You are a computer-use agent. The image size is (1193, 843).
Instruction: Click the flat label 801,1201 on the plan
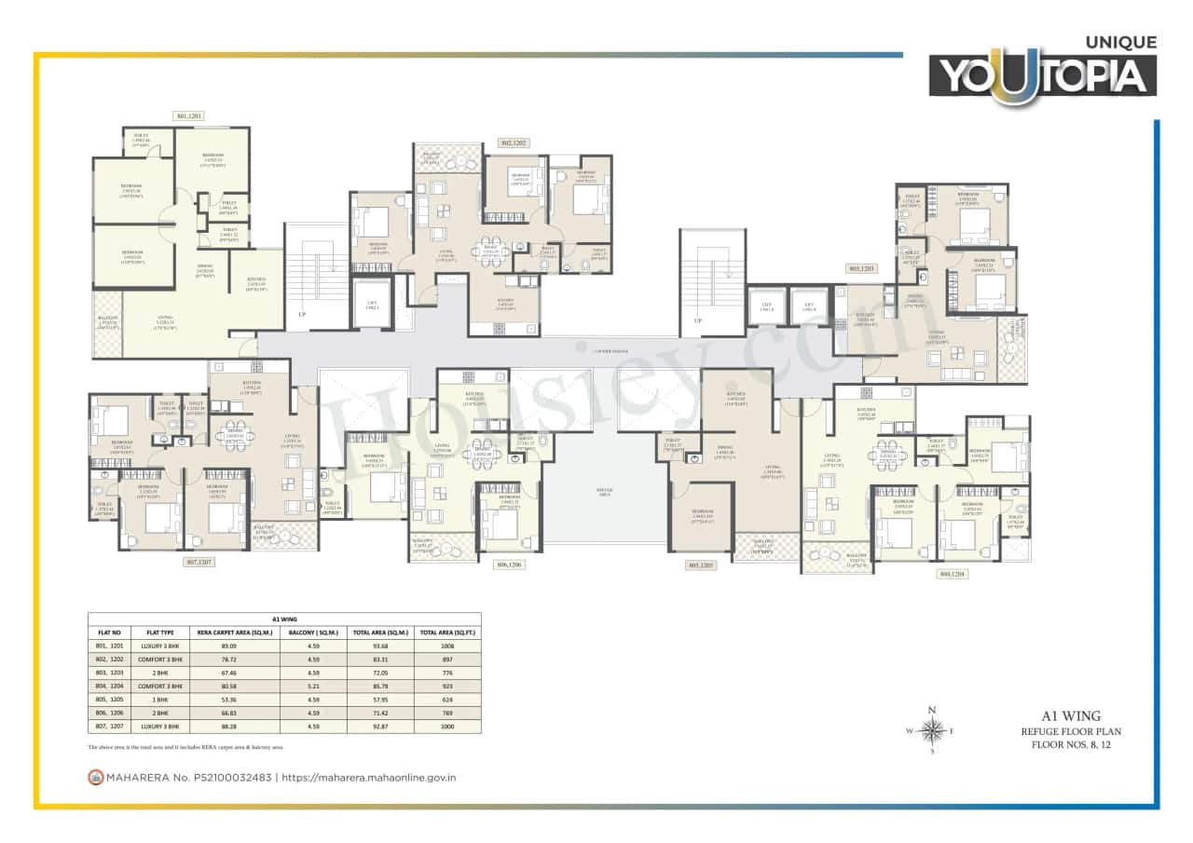click(189, 116)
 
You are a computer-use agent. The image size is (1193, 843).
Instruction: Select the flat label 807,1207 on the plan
click(199, 563)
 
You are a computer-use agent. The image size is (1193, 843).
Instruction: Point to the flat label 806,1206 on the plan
click(510, 564)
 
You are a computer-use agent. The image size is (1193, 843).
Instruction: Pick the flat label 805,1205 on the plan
click(700, 564)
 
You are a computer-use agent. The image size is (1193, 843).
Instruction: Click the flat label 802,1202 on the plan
click(514, 143)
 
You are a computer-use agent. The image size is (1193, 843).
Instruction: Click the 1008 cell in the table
click(447, 644)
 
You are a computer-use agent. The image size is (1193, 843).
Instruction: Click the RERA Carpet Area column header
click(229, 631)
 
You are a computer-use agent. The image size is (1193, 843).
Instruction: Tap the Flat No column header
click(110, 631)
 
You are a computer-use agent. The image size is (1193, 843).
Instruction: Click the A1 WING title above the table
click(284, 618)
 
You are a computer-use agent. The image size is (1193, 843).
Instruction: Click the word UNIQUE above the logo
click(1121, 42)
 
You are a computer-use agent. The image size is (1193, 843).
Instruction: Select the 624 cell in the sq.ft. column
click(447, 699)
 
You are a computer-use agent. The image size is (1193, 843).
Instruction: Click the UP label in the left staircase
click(301, 315)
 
